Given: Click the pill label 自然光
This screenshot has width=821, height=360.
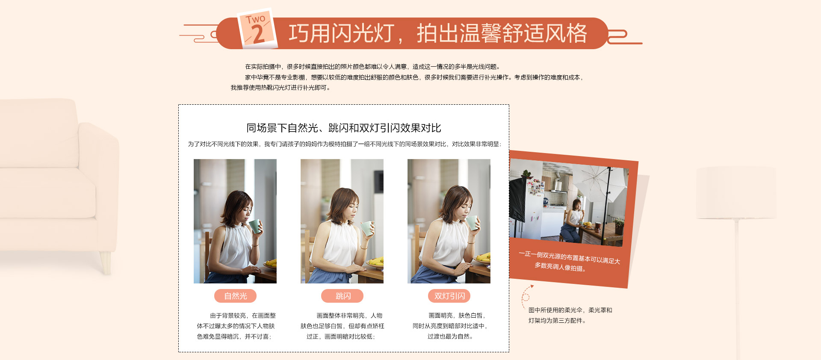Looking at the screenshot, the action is [235, 296].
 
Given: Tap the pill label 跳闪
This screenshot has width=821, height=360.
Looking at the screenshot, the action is [342, 296].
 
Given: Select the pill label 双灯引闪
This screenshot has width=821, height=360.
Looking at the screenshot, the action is [449, 296].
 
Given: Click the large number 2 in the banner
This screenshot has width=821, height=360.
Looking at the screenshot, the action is [258, 34].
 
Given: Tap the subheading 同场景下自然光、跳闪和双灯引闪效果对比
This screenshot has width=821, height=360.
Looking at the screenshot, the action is [343, 128].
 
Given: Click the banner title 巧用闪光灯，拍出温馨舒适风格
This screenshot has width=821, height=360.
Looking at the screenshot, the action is [438, 33].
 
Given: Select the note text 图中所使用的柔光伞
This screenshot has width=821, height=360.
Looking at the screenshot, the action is [555, 310].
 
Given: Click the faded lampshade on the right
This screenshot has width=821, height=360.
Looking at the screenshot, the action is [736, 193].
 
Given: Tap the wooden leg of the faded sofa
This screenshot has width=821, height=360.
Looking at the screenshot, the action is [105, 262].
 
